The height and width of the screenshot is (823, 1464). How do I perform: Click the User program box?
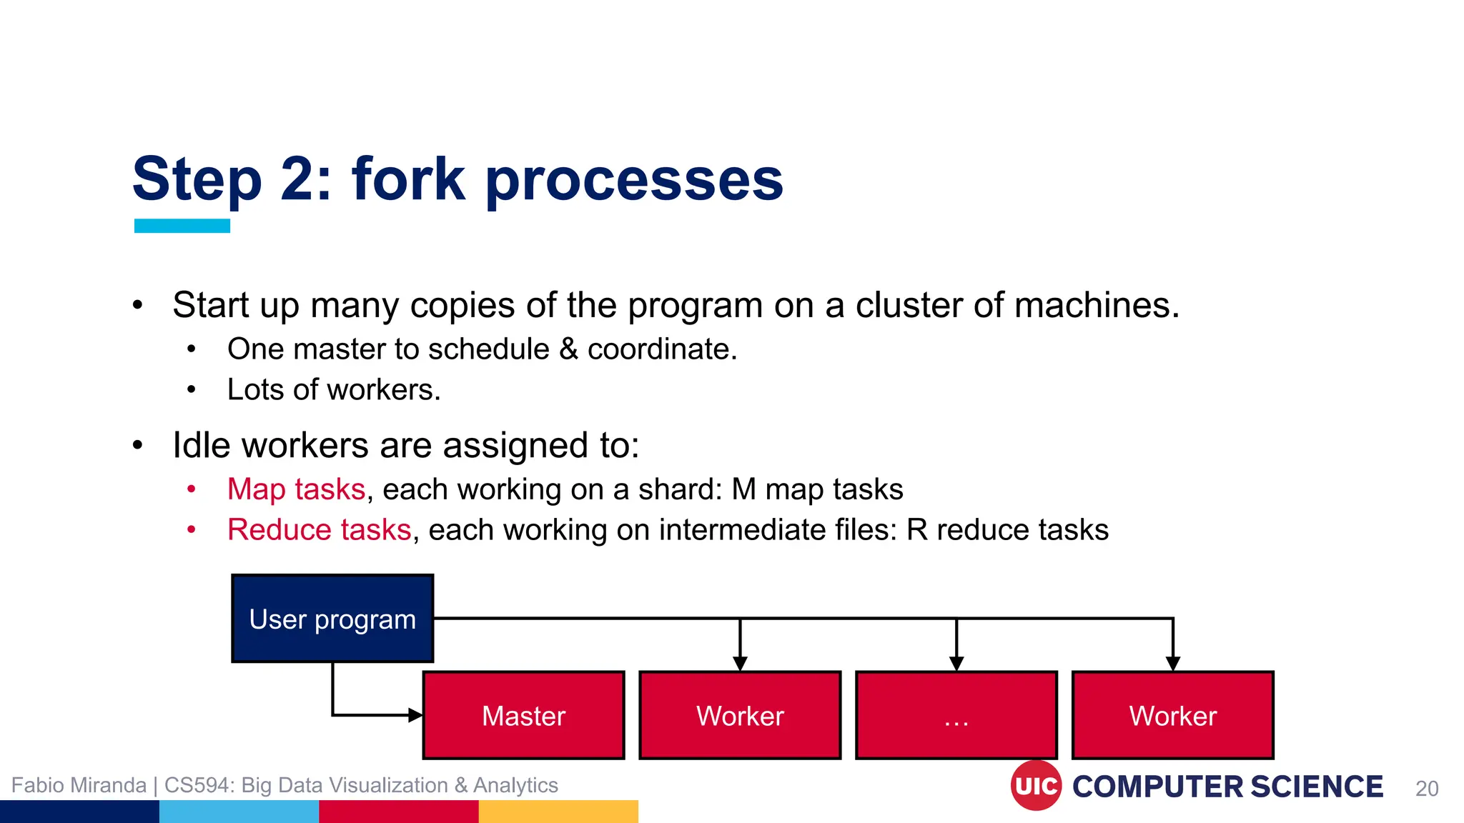coord(332,619)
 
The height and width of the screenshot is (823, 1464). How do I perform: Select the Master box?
coord(523,715)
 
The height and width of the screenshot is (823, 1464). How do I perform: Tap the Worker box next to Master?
coord(740,715)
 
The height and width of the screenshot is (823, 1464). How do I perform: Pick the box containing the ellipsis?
coord(956,715)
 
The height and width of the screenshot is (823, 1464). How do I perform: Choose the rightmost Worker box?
coord(1172,715)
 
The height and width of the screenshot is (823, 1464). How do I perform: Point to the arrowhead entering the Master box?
coord(415,714)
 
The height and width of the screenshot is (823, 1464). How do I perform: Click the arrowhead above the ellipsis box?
coord(956,664)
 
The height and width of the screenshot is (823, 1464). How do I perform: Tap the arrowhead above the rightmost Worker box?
coord(1173,664)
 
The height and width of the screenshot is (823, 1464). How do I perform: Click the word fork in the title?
coord(408,179)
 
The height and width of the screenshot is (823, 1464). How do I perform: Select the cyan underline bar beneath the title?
coord(182,226)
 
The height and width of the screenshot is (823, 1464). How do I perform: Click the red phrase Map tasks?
coord(296,489)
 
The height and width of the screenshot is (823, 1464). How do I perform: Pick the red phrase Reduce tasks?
coord(319,530)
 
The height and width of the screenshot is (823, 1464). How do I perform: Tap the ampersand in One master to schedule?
coord(568,349)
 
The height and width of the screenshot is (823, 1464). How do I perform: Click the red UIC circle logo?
coord(1036,786)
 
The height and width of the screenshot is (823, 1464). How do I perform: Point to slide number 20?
coord(1427,788)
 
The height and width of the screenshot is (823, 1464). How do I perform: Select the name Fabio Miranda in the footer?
coord(79,785)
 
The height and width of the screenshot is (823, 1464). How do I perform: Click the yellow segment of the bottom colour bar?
coord(558,812)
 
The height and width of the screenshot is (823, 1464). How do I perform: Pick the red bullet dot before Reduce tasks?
coord(191,530)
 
